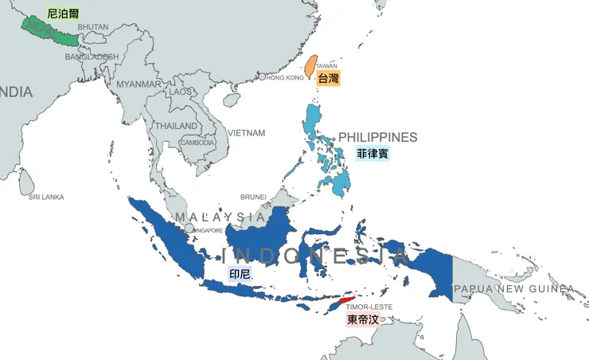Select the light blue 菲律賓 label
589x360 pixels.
[x=373, y=153]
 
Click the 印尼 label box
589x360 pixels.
[x=240, y=275]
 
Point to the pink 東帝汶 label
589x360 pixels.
[x=363, y=319]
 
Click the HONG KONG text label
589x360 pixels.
[x=285, y=78]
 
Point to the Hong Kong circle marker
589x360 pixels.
[x=262, y=77]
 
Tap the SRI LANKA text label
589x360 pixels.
[x=46, y=197]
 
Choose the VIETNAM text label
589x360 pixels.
[x=246, y=133]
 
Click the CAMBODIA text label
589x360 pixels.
[x=197, y=143]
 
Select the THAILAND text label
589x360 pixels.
[x=176, y=126]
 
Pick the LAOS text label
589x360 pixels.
[x=180, y=92]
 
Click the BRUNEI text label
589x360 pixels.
[x=253, y=197]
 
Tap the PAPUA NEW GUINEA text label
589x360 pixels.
[x=513, y=288]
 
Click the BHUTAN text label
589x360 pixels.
[x=93, y=27]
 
